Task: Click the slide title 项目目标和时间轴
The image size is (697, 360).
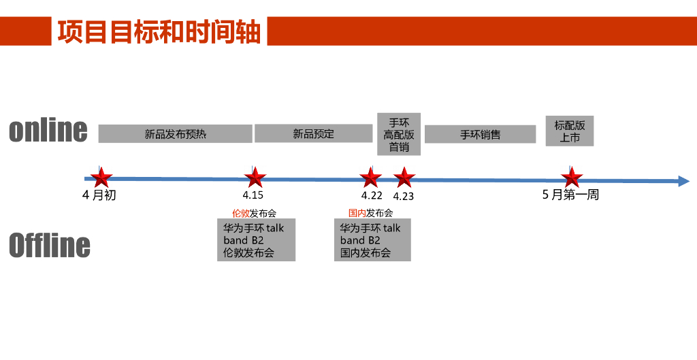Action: [x=159, y=32]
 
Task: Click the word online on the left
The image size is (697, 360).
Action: [x=48, y=130]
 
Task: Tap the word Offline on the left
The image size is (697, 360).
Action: [x=50, y=245]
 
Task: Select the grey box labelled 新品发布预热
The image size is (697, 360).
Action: [x=175, y=134]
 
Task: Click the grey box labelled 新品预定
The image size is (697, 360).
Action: [x=314, y=133]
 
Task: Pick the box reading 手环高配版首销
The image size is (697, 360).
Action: [x=399, y=134]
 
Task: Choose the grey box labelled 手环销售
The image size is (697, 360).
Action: [x=480, y=134]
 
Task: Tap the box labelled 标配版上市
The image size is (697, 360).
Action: [x=570, y=131]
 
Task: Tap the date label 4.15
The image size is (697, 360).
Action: [x=253, y=195]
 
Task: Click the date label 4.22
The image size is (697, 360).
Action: [x=372, y=195]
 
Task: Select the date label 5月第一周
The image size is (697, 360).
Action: [x=570, y=195]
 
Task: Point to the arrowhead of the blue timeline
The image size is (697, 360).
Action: [x=683, y=180]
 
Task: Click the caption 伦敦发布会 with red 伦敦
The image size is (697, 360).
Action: [x=254, y=213]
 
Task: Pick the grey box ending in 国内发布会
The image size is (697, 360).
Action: [x=372, y=240]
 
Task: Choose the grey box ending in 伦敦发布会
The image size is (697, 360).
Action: [x=256, y=240]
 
